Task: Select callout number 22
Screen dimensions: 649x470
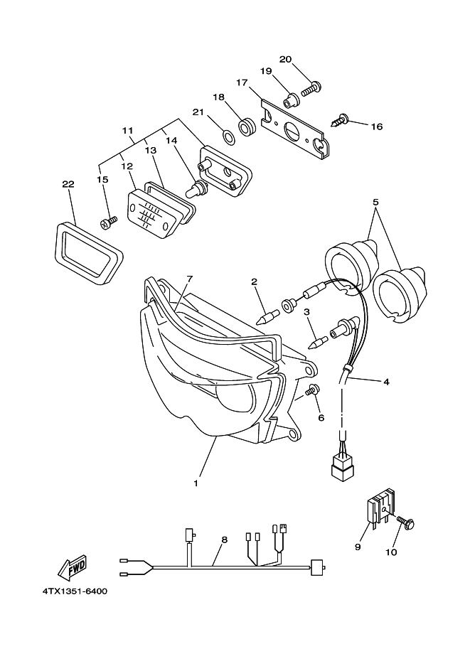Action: tap(68, 184)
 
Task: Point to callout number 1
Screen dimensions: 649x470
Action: tap(195, 483)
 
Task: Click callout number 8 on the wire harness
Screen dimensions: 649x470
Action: tap(224, 540)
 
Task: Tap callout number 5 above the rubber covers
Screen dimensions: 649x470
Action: tap(375, 202)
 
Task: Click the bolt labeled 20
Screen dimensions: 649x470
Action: tap(311, 89)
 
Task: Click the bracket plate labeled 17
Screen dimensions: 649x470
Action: tap(295, 127)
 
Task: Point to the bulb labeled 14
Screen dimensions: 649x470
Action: tap(195, 190)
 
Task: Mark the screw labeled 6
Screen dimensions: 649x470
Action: tap(311, 390)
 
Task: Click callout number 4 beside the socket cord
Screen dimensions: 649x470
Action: tap(386, 382)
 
